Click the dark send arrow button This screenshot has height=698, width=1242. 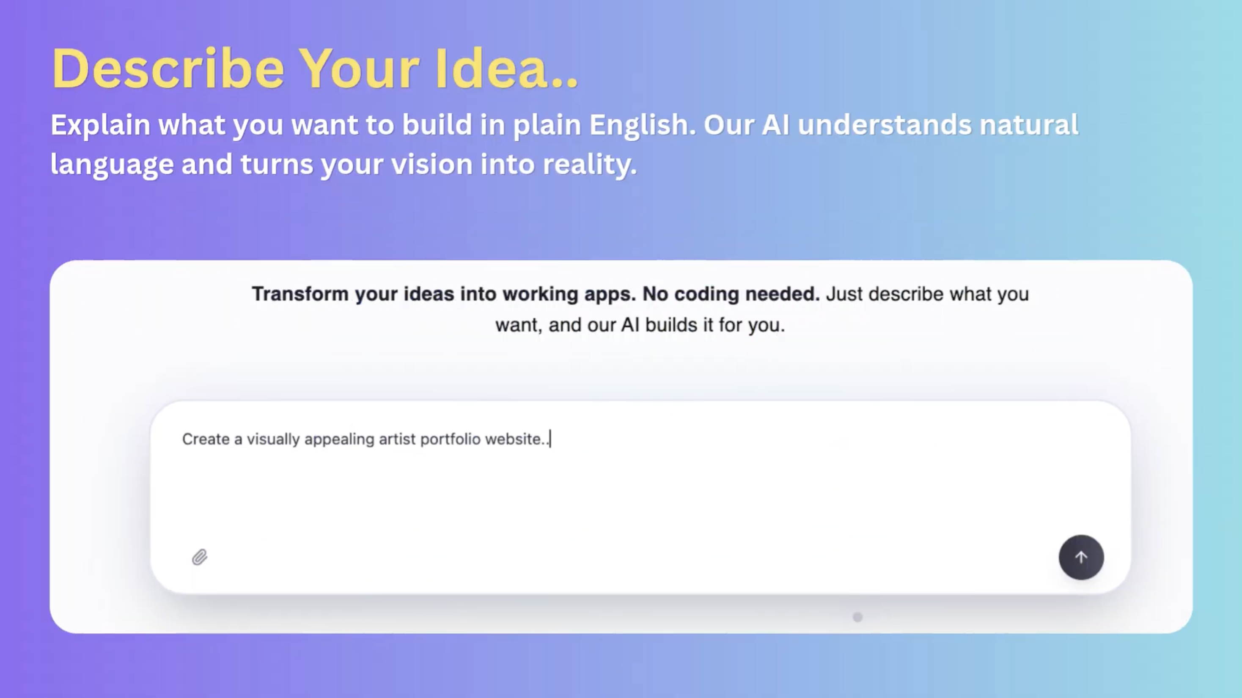[x=1081, y=557]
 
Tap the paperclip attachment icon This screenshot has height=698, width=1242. [x=200, y=557]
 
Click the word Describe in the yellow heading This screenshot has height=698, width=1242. [x=168, y=69]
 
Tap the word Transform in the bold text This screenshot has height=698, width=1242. [x=300, y=294]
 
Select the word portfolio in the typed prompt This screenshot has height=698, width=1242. [x=451, y=440]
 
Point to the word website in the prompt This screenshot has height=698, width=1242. [x=515, y=439]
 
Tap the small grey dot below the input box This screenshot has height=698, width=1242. [x=857, y=617]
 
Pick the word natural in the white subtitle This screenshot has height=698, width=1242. [x=1029, y=125]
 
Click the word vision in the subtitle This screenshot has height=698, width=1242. [x=431, y=165]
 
